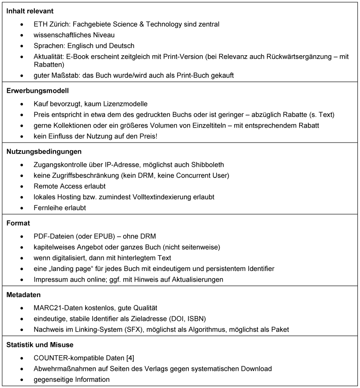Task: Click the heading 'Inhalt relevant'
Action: coord(30,10)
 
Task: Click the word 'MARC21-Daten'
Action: coord(55,308)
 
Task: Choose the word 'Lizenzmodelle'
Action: coord(125,104)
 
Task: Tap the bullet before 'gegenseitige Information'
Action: coord(22,380)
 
